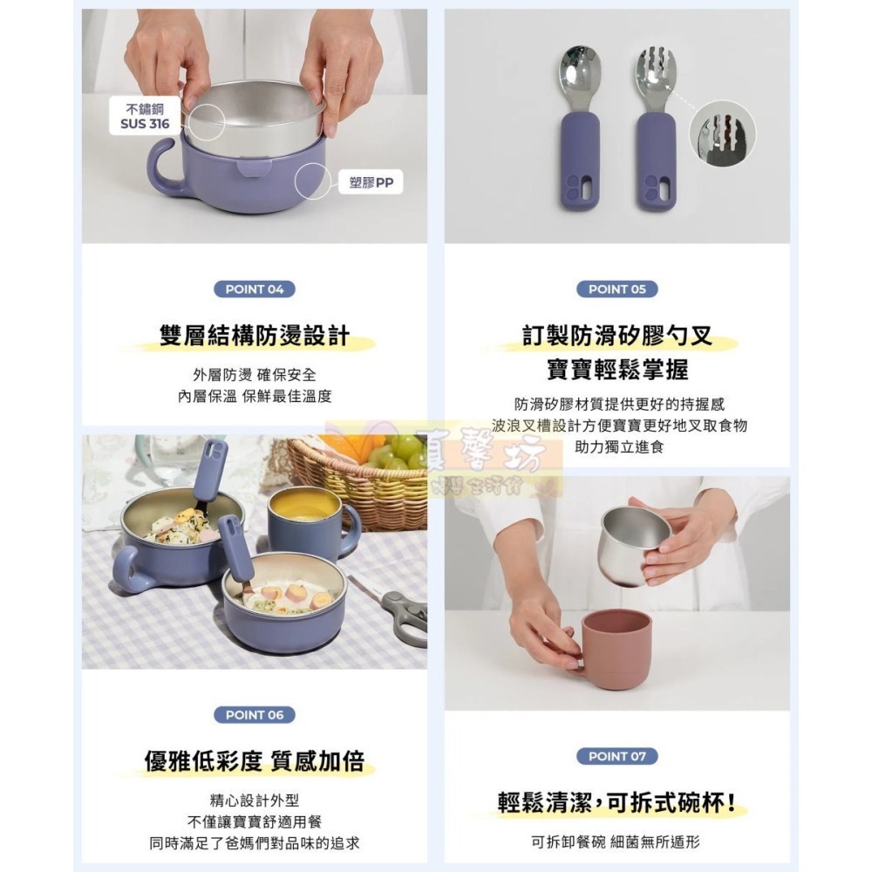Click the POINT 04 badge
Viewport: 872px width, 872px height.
pyautogui.click(x=255, y=290)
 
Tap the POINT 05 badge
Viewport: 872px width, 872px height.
pyautogui.click(x=617, y=290)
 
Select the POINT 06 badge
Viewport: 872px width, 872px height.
pyautogui.click(x=255, y=715)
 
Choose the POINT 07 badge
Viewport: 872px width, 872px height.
pyautogui.click(x=617, y=756)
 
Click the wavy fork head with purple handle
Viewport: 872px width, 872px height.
pyautogui.click(x=655, y=78)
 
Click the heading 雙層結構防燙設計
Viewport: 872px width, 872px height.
pyautogui.click(x=255, y=336)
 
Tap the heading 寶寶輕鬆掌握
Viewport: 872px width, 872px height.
pyautogui.click(x=617, y=370)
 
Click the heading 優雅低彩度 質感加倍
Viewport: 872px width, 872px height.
pyautogui.click(x=255, y=761)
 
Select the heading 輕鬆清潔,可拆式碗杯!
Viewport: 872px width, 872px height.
pyautogui.click(x=617, y=802)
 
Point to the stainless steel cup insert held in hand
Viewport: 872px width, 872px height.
pyautogui.click(x=633, y=543)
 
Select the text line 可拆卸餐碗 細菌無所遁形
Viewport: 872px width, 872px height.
pyautogui.click(x=617, y=842)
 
